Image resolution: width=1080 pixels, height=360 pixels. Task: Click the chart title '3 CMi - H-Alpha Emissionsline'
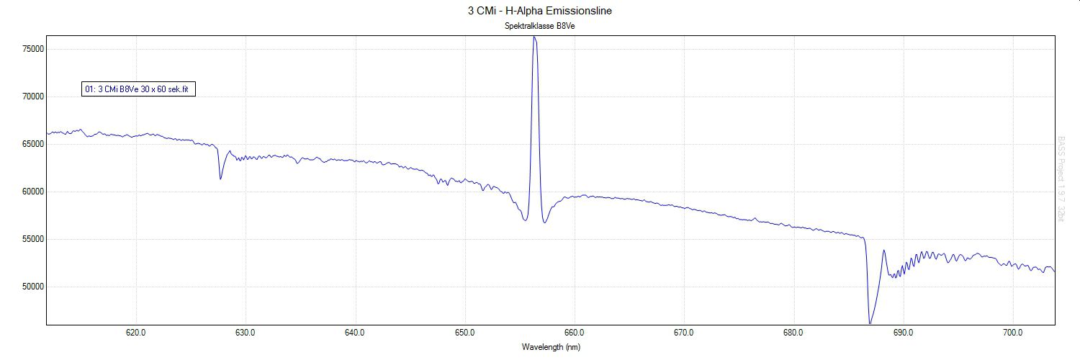[540, 11]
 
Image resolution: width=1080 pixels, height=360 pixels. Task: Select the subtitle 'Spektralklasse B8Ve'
[540, 27]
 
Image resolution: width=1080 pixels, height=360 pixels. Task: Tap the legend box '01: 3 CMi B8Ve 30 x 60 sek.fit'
[140, 89]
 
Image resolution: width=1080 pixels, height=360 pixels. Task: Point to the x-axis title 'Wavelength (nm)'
[551, 346]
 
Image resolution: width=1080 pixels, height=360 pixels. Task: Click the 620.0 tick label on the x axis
[136, 333]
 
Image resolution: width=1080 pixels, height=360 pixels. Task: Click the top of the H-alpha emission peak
[534, 37]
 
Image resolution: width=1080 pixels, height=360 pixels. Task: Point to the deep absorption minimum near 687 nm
[870, 323]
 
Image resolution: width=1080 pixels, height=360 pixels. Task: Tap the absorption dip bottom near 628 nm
[220, 179]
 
